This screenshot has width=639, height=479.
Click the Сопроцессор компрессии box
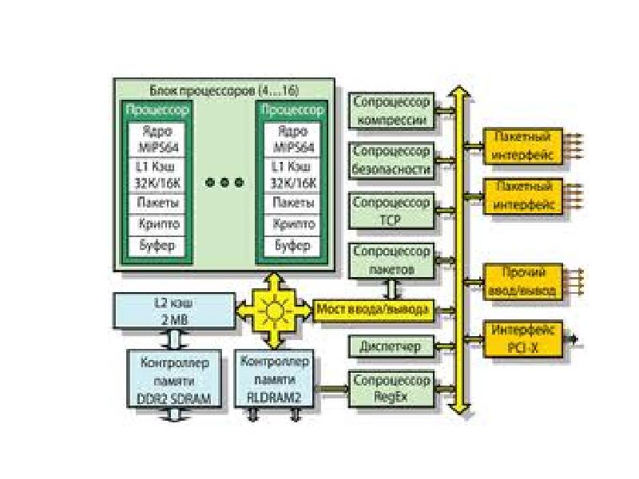[391, 111]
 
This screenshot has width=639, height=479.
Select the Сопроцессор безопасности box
[391, 160]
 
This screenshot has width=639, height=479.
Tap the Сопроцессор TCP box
[391, 209]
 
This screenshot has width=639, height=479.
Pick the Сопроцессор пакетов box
[391, 260]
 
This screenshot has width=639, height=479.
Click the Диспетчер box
[391, 346]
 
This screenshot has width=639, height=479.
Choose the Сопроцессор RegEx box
[391, 388]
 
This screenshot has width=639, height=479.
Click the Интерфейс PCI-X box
[524, 338]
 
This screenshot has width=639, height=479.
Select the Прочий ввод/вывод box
[524, 282]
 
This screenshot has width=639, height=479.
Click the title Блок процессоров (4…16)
[224, 89]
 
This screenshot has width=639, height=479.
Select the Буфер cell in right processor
[292, 245]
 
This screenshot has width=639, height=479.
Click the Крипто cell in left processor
[157, 224]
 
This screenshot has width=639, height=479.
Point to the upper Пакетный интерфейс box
[524, 145]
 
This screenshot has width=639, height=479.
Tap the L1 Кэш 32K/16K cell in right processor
[292, 176]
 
